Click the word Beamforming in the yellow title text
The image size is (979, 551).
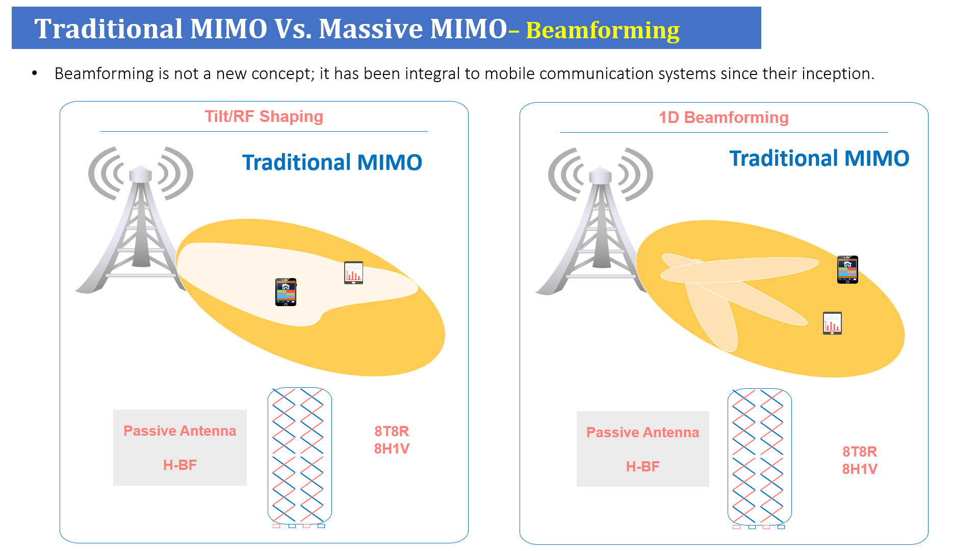[603, 31]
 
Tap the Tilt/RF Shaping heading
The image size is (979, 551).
[264, 116]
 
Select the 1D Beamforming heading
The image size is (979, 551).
[724, 117]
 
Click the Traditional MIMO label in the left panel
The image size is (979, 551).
[332, 162]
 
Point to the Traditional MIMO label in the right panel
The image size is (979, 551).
[819, 158]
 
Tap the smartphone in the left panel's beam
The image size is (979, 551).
[286, 292]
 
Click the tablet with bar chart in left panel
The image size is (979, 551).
[353, 272]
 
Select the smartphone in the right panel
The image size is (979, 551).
[847, 269]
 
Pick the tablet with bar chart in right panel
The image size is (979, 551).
[832, 323]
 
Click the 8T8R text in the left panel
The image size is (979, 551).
[392, 431]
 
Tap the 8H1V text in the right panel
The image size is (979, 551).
[860, 469]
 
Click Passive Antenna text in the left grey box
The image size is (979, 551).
[180, 431]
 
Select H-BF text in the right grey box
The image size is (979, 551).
[642, 466]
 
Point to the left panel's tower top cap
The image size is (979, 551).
[140, 174]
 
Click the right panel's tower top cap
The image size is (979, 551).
[600, 175]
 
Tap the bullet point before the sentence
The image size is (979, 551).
[35, 73]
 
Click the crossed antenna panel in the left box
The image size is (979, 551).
[299, 457]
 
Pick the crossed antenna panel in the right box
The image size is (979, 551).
[759, 458]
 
